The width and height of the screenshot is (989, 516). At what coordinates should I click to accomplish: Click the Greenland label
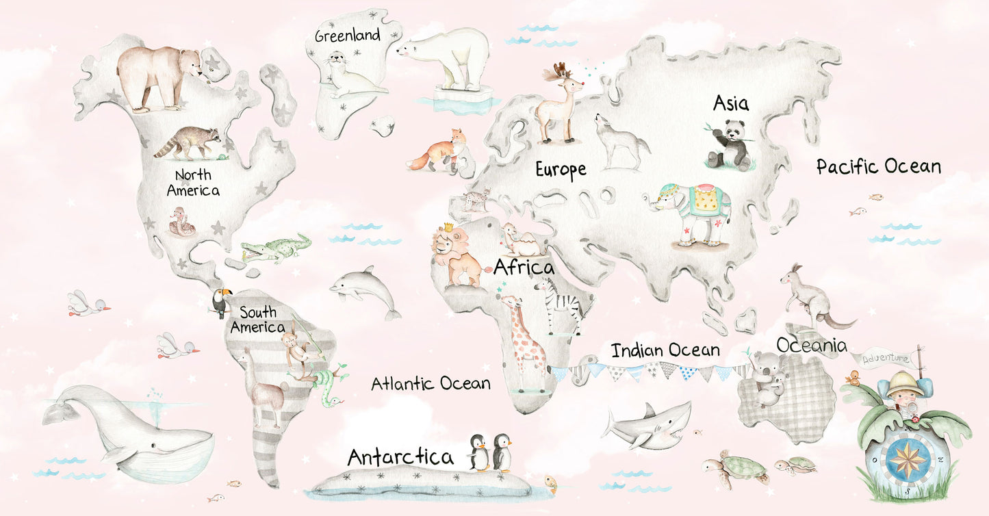(347, 35)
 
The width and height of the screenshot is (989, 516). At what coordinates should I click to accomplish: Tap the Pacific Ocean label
(878, 166)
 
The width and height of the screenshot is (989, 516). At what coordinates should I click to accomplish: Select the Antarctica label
(400, 457)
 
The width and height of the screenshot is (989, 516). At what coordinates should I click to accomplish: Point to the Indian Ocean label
(665, 350)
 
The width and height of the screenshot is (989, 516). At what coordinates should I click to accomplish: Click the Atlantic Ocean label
(431, 383)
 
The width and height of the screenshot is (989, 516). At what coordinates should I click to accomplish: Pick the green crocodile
(277, 248)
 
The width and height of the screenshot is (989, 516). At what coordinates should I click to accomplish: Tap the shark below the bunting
(646, 425)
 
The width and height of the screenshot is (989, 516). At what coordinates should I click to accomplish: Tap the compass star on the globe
(907, 459)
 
